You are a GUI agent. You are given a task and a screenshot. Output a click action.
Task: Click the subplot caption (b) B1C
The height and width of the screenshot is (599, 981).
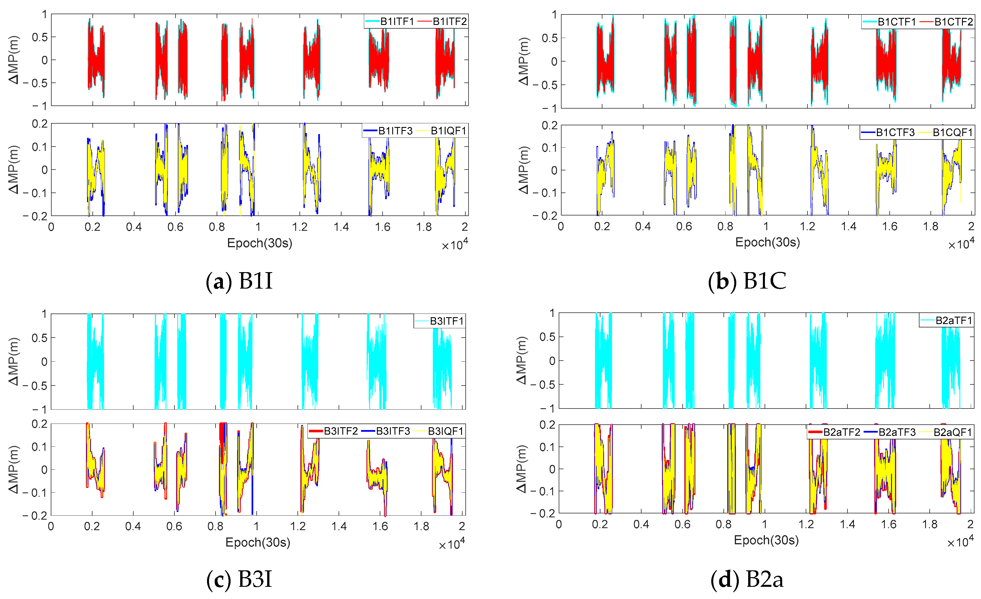click(747, 281)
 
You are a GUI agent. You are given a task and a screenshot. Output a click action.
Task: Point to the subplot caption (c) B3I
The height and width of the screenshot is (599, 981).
click(239, 579)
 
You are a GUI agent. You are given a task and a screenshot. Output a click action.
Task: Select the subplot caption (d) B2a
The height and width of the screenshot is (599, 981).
click(747, 579)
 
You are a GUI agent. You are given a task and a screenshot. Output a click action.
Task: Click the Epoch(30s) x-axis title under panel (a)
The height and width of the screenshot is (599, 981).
click(260, 243)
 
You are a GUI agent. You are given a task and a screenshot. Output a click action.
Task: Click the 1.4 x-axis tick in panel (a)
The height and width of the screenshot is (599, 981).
click(341, 227)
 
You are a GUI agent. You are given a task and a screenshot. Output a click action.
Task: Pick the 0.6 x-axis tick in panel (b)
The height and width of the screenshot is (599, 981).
click(684, 227)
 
